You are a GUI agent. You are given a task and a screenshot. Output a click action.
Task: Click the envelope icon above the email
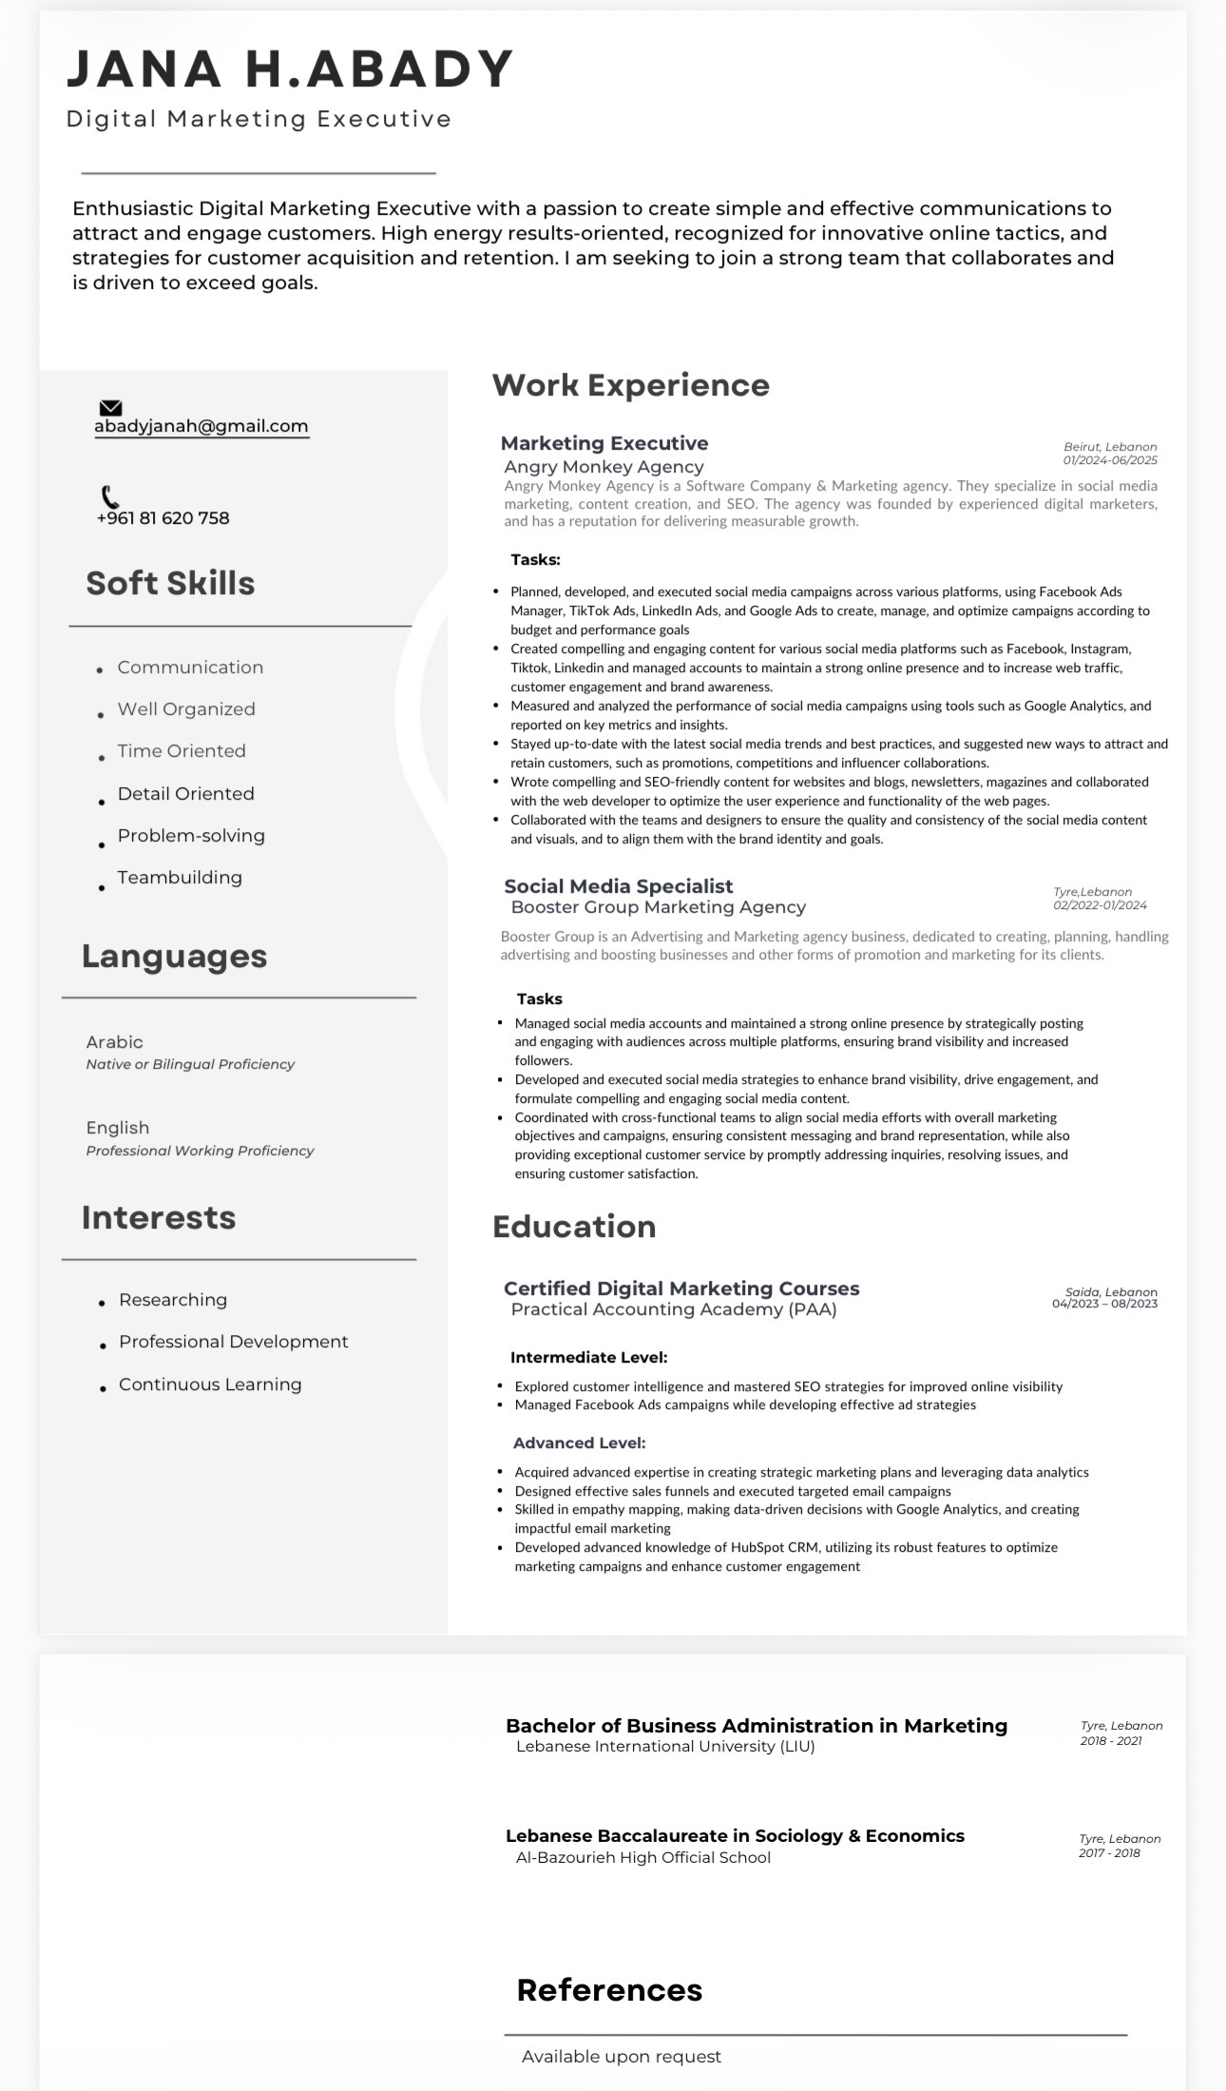[110, 408]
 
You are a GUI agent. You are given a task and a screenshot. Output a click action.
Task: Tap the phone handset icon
[110, 496]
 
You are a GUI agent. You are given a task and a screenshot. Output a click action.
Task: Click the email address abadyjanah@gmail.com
[201, 426]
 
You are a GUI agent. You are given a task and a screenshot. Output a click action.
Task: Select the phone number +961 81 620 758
[163, 518]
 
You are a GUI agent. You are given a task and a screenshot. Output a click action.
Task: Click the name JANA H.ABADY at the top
[290, 69]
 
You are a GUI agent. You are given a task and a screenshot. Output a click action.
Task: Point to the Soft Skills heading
[170, 583]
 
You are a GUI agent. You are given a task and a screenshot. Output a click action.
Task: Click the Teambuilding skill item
[180, 878]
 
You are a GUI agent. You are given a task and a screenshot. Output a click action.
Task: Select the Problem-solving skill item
[191, 836]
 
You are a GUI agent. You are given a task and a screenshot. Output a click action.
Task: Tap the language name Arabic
[114, 1042]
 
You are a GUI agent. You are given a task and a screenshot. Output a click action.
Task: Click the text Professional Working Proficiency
[200, 1151]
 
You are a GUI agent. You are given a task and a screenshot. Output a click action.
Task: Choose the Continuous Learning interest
[210, 1384]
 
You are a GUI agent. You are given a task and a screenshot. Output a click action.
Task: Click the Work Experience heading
[630, 385]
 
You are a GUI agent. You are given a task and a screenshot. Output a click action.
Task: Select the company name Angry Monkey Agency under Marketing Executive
[603, 467]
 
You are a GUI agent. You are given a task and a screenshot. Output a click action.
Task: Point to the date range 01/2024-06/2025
[1109, 460]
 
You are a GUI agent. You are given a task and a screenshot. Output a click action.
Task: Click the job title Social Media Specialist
[618, 886]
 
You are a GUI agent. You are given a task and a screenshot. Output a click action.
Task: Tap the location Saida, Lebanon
[1110, 1292]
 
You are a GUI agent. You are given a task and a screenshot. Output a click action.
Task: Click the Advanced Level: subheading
[579, 1443]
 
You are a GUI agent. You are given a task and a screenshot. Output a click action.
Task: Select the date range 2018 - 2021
[1110, 1741]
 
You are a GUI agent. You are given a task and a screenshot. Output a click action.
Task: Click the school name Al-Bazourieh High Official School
[642, 1857]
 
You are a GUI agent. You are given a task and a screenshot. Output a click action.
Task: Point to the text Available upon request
[621, 2057]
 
